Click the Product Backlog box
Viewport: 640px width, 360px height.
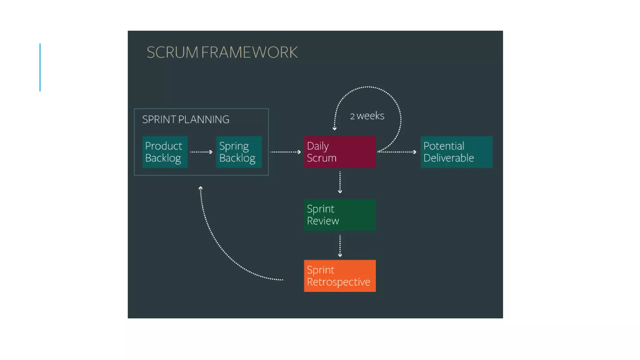coord(165,152)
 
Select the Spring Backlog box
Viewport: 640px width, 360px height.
coord(239,152)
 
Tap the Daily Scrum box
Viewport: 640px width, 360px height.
coord(340,152)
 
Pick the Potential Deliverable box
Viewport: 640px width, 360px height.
coord(456,152)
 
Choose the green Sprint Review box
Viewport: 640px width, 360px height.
coord(340,215)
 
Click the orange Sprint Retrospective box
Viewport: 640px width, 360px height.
coord(340,276)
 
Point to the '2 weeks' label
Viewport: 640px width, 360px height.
coord(367,116)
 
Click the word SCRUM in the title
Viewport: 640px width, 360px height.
coord(172,52)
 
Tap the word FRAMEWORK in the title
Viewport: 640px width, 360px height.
coord(249,52)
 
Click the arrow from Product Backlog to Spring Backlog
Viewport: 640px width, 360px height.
coord(201,152)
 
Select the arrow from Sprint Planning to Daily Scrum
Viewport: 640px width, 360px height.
coord(285,152)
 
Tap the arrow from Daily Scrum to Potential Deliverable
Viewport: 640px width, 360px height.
coord(397,152)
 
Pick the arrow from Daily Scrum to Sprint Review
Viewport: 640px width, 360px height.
coord(340,182)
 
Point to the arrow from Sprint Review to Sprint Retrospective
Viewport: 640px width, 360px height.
coord(340,246)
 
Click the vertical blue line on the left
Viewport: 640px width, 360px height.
coord(40,67)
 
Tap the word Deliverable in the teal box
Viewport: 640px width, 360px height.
coord(448,158)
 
